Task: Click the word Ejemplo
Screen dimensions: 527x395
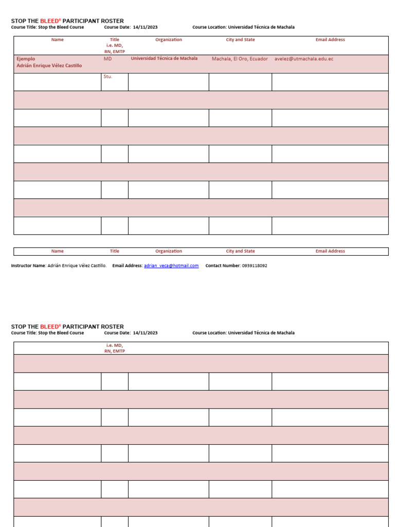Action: [x=26, y=59]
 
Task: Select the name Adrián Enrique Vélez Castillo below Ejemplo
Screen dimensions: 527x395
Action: [x=49, y=66]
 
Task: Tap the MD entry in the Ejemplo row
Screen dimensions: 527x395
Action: [x=107, y=59]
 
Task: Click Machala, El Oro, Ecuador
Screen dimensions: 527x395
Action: [x=240, y=59]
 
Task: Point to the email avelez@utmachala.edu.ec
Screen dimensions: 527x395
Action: [x=304, y=59]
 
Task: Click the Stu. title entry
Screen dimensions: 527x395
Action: [x=107, y=77]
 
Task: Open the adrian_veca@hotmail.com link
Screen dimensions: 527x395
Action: [x=171, y=266]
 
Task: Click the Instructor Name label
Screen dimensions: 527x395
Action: [x=28, y=266]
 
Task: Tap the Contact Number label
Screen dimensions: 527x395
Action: [x=222, y=266]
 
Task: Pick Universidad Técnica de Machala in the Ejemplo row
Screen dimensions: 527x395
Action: [x=164, y=59]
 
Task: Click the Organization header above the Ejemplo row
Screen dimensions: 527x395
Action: [x=169, y=40]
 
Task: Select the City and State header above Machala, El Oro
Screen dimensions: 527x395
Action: [x=240, y=40]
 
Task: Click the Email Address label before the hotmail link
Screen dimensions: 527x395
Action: [x=127, y=266]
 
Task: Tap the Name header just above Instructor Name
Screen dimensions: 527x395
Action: [x=58, y=251]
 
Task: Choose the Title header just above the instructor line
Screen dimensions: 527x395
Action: [x=114, y=251]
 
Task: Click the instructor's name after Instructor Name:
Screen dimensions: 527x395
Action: [x=77, y=266]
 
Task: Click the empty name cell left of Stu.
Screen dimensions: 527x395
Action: [x=57, y=82]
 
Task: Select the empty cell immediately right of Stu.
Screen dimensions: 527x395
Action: [x=168, y=82]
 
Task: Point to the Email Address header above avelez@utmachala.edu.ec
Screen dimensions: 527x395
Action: [x=330, y=40]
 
